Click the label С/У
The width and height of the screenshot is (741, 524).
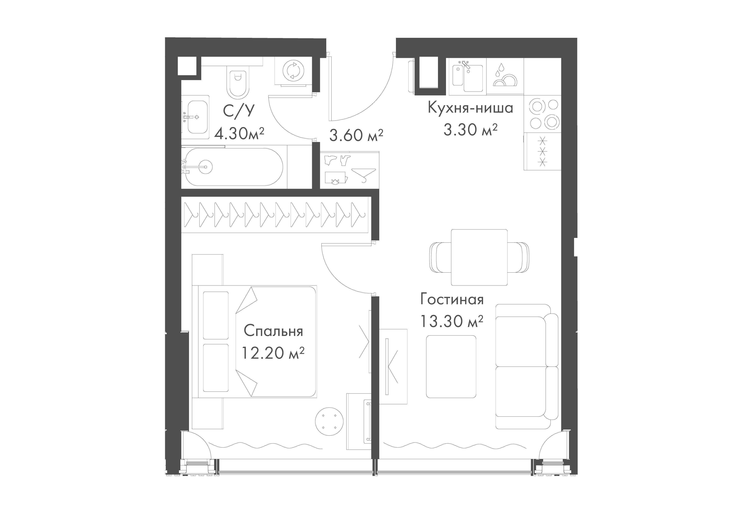click(238, 111)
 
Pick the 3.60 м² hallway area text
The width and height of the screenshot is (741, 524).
click(356, 135)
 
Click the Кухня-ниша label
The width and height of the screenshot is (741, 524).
click(470, 108)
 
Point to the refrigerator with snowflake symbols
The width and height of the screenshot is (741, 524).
click(542, 151)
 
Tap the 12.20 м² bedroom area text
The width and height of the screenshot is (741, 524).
click(273, 353)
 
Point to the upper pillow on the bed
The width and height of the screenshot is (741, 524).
click(216, 315)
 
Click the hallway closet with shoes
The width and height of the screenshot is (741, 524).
click(349, 170)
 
